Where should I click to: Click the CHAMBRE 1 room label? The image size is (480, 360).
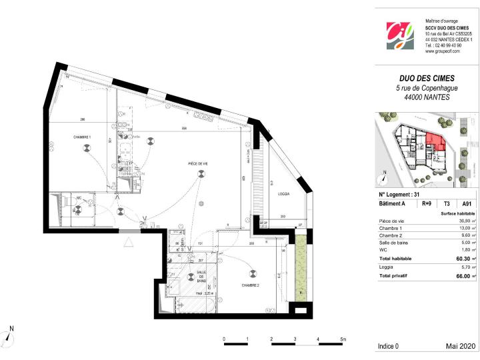(x=82, y=137)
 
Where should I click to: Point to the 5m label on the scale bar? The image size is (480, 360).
(x=342, y=339)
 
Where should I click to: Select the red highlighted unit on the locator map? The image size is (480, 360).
(x=434, y=141)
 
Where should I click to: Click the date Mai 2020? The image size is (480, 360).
(x=460, y=347)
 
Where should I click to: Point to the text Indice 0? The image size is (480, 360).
(x=388, y=347)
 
